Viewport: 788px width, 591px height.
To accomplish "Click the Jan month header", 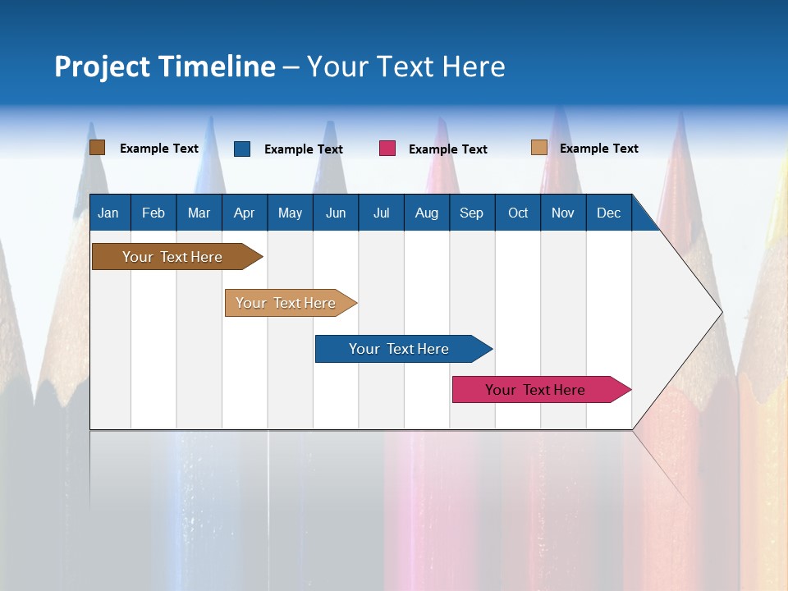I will tap(108, 213).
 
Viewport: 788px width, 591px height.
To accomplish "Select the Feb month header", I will tap(153, 213).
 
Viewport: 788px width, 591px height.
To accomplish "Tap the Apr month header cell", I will tap(244, 213).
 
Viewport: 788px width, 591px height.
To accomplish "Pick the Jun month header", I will tap(336, 213).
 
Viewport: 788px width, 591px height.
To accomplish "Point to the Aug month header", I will tap(426, 213).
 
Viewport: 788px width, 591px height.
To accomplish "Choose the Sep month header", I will tap(471, 213).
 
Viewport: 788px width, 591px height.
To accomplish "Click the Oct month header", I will tap(518, 213).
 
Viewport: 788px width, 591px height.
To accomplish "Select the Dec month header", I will tap(608, 213).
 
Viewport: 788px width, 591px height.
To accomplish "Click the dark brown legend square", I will tap(97, 148).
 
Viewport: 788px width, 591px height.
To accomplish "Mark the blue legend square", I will tap(242, 149).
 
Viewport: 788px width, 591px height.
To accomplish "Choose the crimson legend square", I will tap(387, 149).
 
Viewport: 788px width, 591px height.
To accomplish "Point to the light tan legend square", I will tap(538, 148).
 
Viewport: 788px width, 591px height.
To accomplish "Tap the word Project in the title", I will tap(102, 66).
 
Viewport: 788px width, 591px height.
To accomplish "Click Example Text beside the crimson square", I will tap(447, 149).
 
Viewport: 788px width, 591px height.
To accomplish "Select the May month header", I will tap(290, 213).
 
